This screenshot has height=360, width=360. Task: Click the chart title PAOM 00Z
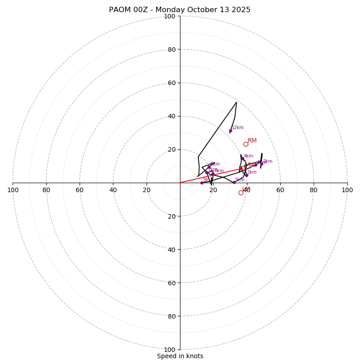pos(180,10)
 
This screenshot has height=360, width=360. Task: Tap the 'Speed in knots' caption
pos(180,356)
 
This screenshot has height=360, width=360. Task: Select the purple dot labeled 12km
pos(230,130)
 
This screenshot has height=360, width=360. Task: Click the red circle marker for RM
pos(246,144)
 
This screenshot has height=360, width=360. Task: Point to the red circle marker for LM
pos(241,193)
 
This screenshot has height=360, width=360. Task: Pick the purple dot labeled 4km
pos(243,158)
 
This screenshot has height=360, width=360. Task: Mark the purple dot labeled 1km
pos(247,175)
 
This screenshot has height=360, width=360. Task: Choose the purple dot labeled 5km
pos(234,182)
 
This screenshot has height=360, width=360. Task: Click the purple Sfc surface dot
pos(202,183)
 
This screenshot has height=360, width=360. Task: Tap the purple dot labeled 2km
pos(261,164)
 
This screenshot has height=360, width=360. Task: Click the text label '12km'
pos(238,127)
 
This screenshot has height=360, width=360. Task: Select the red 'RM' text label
pos(252,141)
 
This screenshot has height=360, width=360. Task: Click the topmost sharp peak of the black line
pos(236,102)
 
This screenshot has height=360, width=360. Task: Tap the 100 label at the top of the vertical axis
pos(169,17)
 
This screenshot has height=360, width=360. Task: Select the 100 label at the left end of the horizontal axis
pos(13,190)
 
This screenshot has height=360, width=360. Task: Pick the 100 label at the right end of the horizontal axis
pos(347,190)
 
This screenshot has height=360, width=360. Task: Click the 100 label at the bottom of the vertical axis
pos(169,349)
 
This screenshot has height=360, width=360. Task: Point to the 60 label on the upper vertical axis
pos(171,83)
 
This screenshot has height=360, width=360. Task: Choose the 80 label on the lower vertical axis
pos(171,316)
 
